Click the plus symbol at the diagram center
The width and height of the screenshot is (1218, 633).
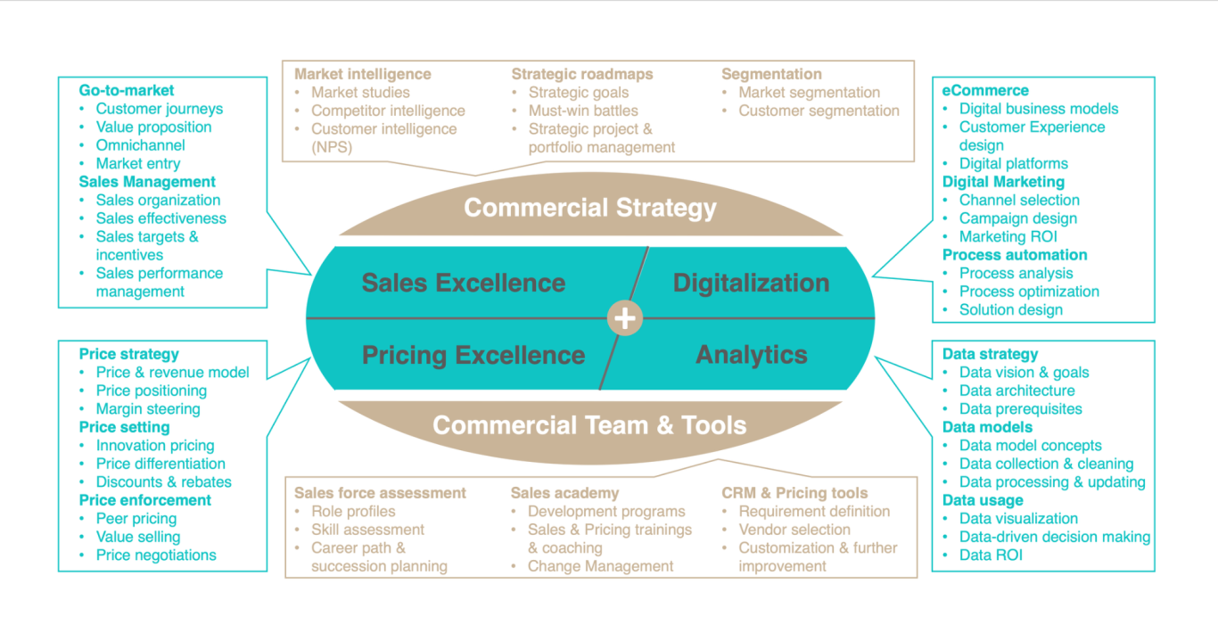tap(625, 318)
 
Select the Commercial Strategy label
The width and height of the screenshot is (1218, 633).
tap(590, 208)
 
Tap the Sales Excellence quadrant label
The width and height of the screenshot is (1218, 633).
tap(464, 283)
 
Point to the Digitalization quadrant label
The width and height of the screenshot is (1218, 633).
tap(751, 283)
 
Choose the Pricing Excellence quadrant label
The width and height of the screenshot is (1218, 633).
tap(473, 355)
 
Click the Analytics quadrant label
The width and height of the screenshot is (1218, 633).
tap(752, 355)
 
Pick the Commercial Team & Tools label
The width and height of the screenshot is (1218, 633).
tap(589, 424)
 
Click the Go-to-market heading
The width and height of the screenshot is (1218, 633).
tap(127, 90)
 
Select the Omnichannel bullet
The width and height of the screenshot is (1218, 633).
tap(140, 145)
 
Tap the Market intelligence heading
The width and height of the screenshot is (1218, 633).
tap(363, 74)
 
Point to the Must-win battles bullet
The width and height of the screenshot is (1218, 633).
tap(583, 111)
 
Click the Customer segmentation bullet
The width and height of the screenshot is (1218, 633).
tap(819, 111)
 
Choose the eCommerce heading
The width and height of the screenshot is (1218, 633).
tap(985, 90)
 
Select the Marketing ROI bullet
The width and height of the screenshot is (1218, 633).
tap(1008, 236)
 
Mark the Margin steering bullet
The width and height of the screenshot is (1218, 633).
tap(148, 409)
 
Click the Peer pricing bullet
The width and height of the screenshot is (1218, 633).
tap(136, 519)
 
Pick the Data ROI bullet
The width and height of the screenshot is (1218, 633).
tap(991, 555)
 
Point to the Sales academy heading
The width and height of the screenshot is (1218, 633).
tap(564, 493)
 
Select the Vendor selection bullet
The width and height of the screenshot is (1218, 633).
tap(794, 530)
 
